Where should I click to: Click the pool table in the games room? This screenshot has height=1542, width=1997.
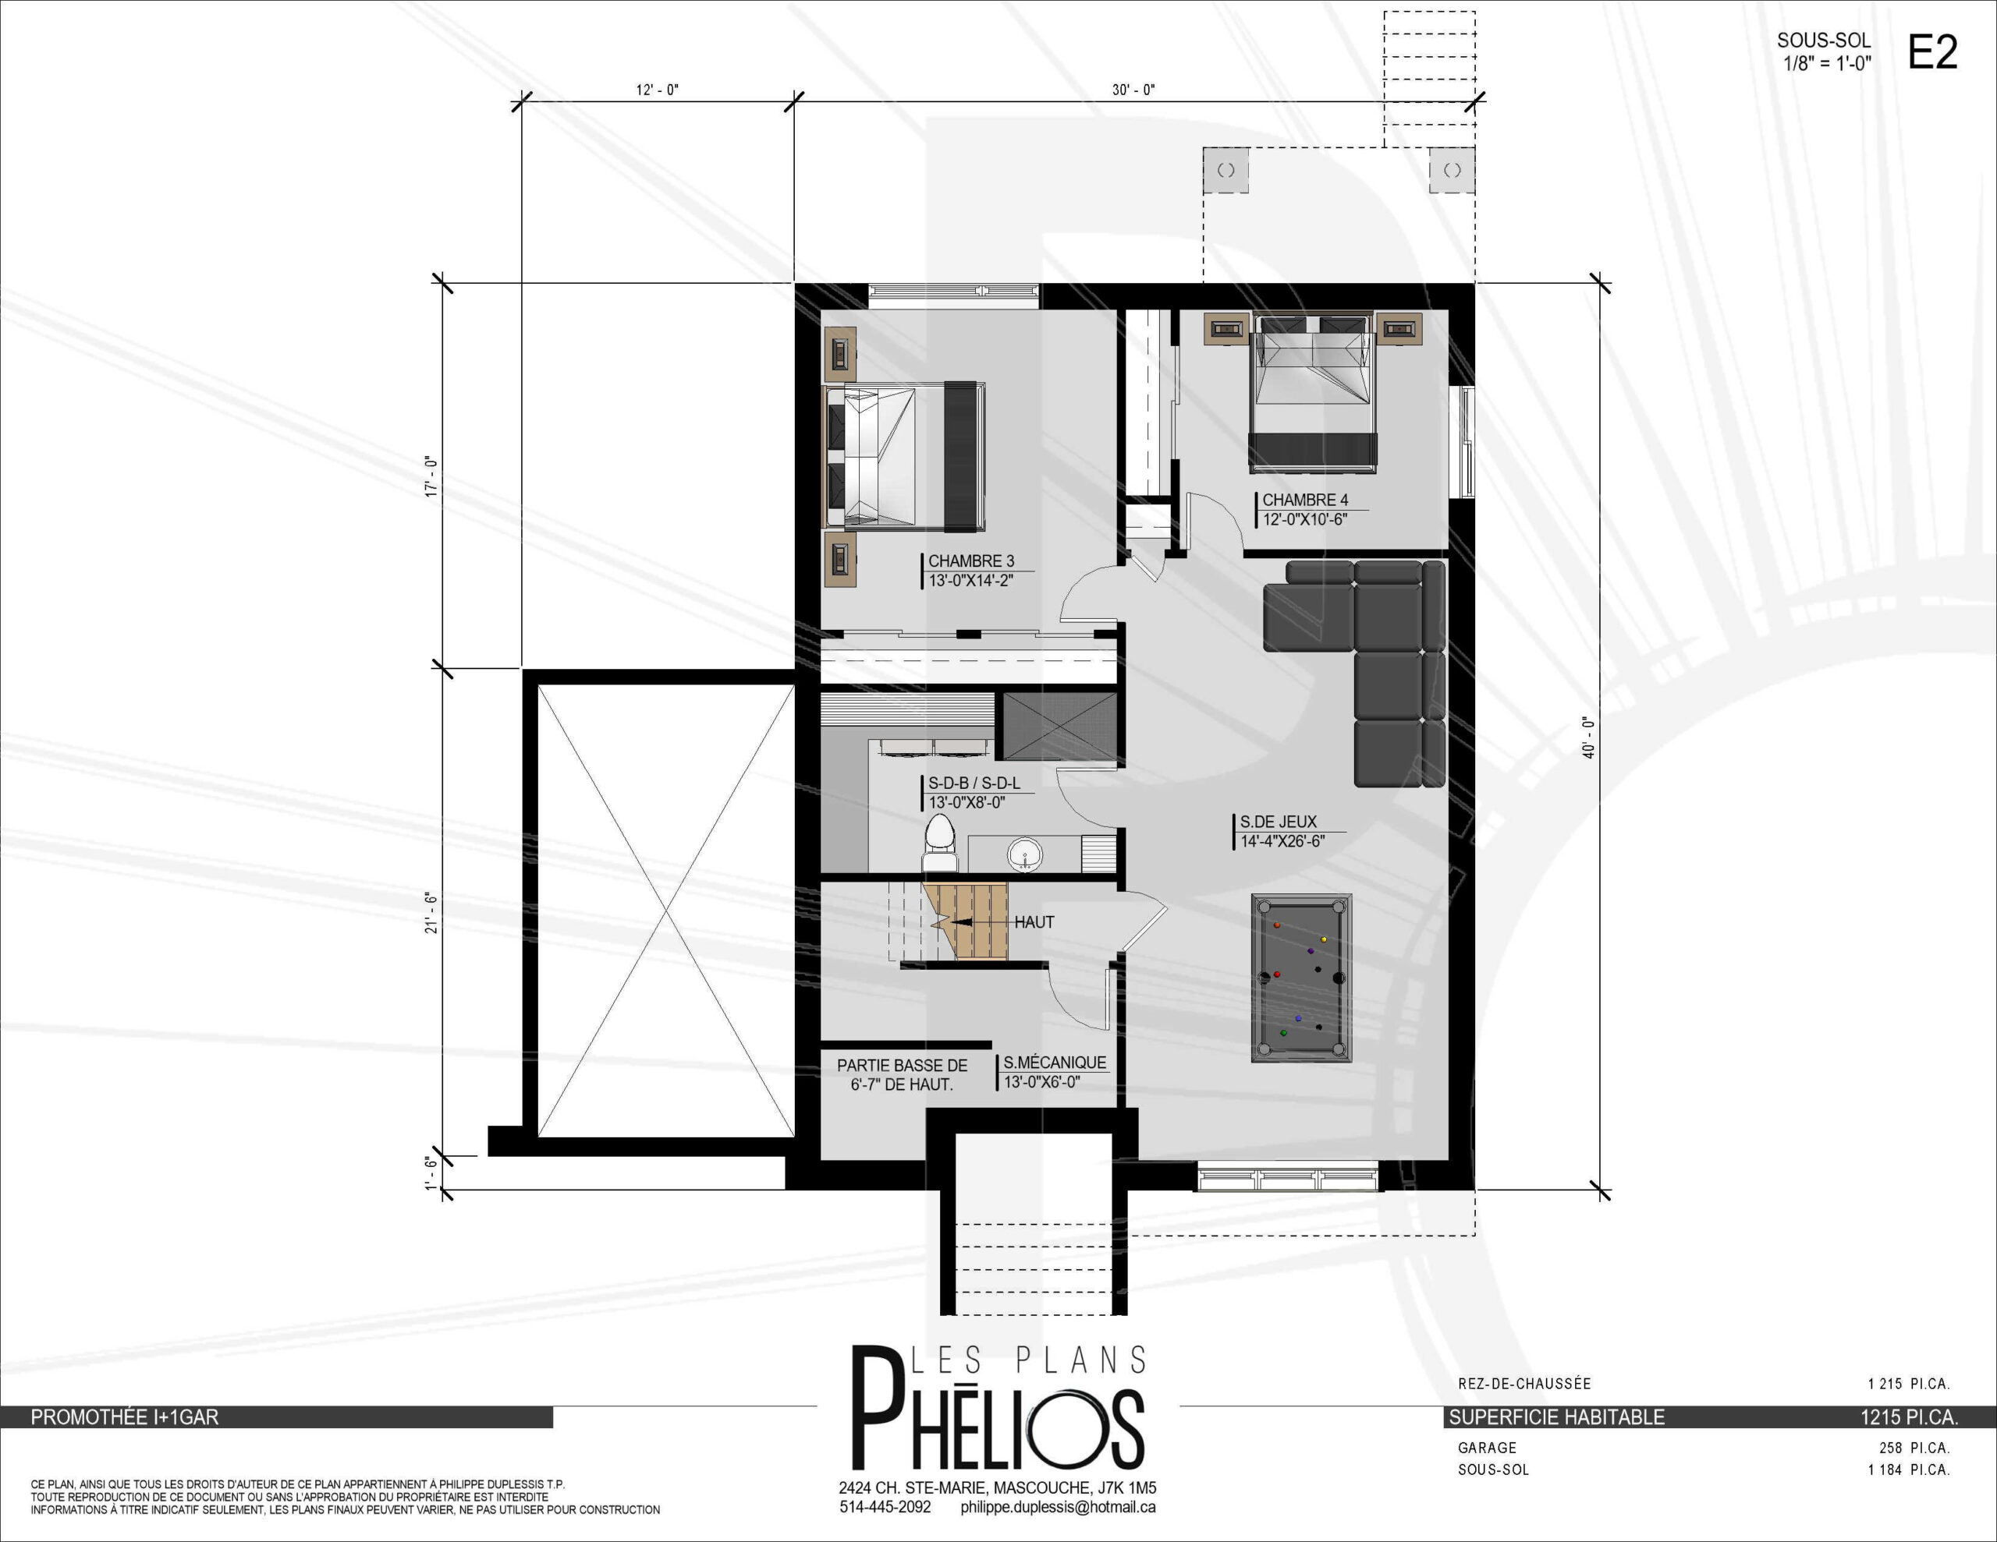click(1301, 977)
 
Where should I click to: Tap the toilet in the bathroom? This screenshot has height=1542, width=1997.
click(939, 843)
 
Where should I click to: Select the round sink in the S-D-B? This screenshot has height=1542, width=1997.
click(1025, 855)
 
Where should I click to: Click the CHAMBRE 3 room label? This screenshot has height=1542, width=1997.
click(971, 561)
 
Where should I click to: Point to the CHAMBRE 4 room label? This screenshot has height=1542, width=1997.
click(1305, 500)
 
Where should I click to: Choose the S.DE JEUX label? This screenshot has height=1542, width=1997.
click(1279, 822)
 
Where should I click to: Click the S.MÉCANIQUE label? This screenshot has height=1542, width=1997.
click(1055, 1062)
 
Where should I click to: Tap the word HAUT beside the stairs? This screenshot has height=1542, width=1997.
click(1034, 922)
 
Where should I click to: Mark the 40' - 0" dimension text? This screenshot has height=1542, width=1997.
click(1588, 737)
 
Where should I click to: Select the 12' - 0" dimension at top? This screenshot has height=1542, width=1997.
click(658, 90)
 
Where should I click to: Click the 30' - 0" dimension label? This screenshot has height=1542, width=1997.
click(1133, 90)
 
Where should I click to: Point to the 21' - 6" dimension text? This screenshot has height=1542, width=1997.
click(431, 912)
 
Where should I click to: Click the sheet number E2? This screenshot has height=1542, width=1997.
click(1933, 53)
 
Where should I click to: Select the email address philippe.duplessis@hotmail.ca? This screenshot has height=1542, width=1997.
click(1058, 1507)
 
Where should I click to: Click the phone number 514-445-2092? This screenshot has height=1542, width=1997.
click(885, 1506)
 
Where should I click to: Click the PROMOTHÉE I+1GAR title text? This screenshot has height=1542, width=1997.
click(124, 1418)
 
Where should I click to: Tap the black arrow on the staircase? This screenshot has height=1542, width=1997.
click(962, 922)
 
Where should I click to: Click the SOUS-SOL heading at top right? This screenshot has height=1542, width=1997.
click(1823, 41)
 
